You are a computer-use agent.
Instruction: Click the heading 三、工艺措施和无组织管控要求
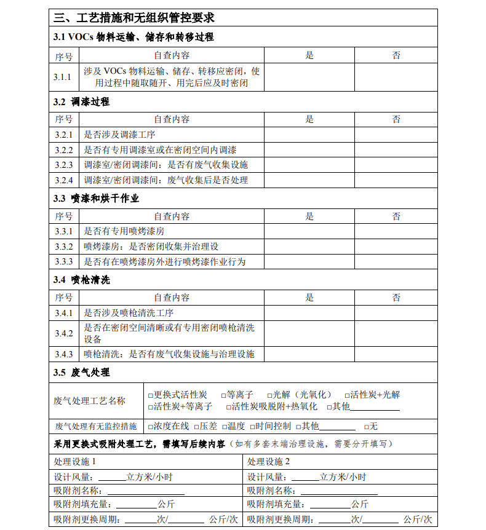[133, 18]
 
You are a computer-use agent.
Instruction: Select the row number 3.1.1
[63, 77]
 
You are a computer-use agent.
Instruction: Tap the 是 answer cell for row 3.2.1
[309, 135]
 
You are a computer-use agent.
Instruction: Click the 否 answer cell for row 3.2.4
[396, 180]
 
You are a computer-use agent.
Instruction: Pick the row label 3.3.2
[63, 247]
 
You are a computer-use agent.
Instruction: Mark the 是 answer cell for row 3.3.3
[309, 262]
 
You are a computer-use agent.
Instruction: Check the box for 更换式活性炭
[151, 395]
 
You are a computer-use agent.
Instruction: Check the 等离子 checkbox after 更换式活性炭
[223, 395]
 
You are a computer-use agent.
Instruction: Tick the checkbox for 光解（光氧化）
[269, 395]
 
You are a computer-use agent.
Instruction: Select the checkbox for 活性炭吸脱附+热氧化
[229, 406]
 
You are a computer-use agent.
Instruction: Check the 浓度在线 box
[151, 426]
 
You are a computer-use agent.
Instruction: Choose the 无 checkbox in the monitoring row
[367, 426]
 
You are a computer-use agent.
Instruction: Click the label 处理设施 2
[268, 462]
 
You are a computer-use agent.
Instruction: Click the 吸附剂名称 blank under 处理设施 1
[146, 491]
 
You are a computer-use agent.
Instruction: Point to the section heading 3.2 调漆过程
[81, 102]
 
